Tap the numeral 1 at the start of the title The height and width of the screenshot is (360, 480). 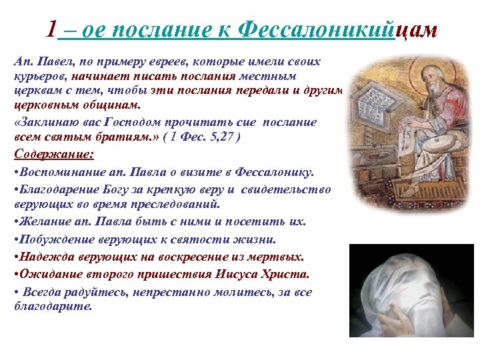(53, 30)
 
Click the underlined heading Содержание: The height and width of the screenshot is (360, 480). (54, 154)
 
